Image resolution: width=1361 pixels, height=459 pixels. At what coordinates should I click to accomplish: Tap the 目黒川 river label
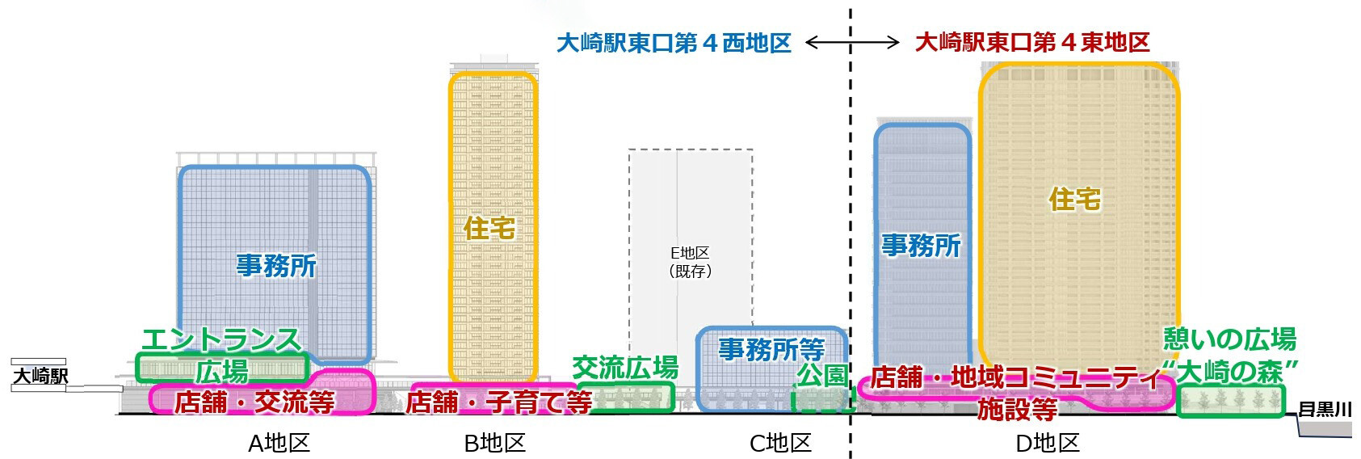point(1325,410)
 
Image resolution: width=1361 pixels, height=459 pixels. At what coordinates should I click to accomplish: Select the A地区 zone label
point(279,443)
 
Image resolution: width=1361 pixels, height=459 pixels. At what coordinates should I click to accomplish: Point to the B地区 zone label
point(494,443)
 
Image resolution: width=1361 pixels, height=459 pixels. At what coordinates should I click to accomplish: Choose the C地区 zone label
point(780,443)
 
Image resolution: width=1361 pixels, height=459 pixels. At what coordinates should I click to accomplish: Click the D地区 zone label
point(1048,443)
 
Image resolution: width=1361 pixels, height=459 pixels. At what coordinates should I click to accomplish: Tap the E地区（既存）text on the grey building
point(691,263)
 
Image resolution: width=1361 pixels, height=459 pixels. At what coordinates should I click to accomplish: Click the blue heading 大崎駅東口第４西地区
point(674,43)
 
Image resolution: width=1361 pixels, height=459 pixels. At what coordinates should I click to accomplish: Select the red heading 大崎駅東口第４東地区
point(1032,43)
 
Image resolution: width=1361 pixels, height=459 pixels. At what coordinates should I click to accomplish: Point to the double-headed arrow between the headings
point(853,43)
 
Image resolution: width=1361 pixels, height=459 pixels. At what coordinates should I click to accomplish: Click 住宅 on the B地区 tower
point(489,228)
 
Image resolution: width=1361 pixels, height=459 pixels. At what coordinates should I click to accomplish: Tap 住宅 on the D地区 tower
point(1075,199)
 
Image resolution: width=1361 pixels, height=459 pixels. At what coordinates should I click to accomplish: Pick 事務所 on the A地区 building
point(276,265)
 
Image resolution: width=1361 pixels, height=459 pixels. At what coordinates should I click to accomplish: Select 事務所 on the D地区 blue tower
point(922,246)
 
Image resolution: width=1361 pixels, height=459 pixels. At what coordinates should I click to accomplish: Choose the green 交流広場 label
point(625,368)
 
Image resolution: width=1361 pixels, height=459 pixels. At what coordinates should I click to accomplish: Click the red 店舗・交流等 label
point(254,402)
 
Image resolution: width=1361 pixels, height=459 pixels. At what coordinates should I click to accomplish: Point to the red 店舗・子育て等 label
point(498,402)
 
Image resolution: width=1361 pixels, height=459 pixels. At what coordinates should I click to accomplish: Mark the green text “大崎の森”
point(1229,373)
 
